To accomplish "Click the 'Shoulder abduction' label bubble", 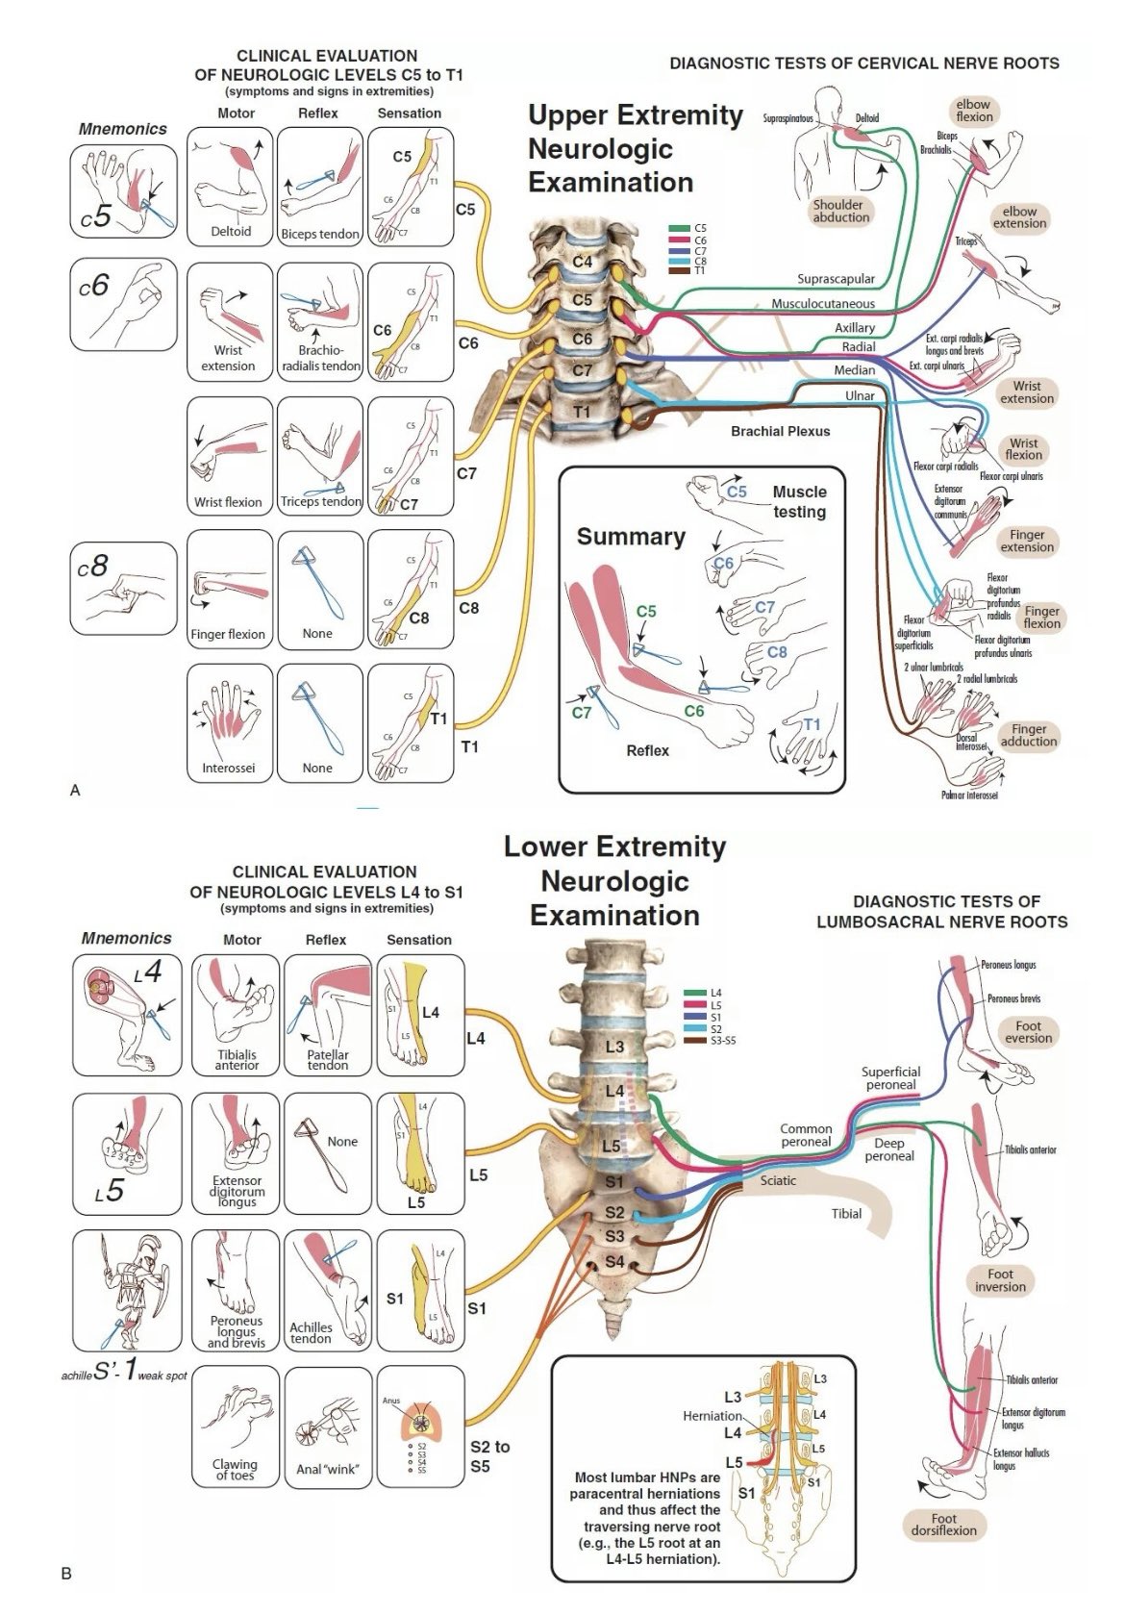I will (x=840, y=211).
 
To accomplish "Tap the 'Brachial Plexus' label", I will (x=780, y=431).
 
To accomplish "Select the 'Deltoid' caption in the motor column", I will (x=231, y=232).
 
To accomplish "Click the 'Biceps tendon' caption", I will (x=320, y=234).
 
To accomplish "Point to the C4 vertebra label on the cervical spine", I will (x=583, y=261).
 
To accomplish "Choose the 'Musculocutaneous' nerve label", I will (x=823, y=304).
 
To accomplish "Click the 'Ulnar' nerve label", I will (x=860, y=395).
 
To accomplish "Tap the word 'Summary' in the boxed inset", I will (x=631, y=537).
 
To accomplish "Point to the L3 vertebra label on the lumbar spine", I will (x=614, y=1047).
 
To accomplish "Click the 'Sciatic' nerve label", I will (x=778, y=1180).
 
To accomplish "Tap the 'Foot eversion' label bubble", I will (x=1028, y=1032).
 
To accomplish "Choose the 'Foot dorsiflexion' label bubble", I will (x=943, y=1524).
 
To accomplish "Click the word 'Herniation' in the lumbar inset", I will (x=712, y=1416).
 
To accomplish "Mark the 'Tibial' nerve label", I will (x=846, y=1214).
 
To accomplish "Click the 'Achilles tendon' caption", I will (x=311, y=1332).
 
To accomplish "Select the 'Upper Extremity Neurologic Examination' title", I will (x=635, y=149).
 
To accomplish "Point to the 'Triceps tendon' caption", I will (x=320, y=502).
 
